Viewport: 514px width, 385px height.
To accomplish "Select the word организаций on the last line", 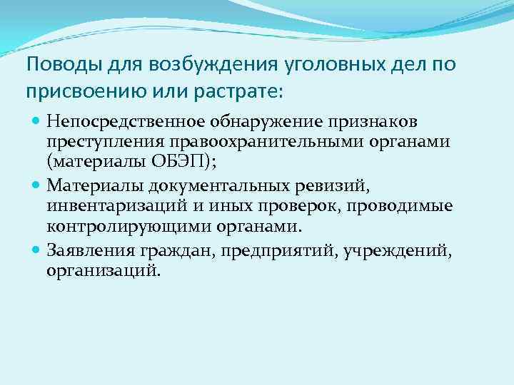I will pos(103,271).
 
